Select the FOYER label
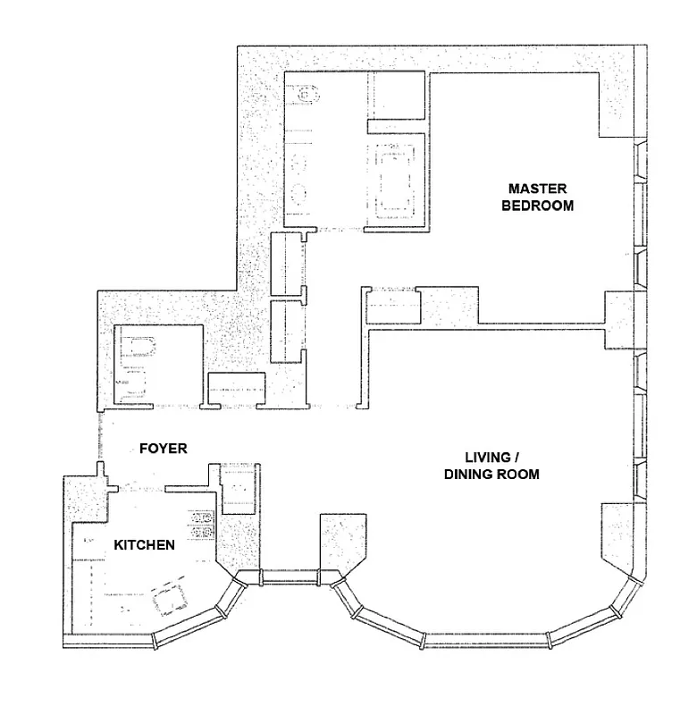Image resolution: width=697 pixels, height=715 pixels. point(163,448)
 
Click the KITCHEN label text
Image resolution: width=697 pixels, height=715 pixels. point(143,543)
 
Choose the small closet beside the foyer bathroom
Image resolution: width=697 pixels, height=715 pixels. point(236,390)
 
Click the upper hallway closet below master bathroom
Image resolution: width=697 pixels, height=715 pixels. point(287,263)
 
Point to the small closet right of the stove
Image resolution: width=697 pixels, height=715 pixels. point(238,490)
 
